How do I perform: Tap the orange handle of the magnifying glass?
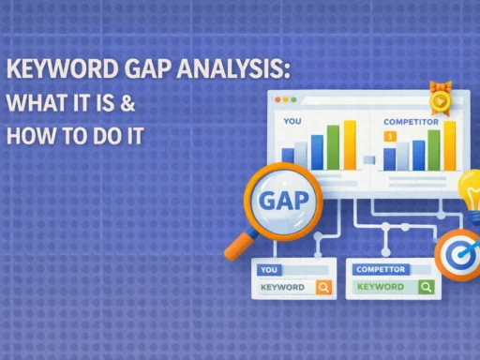[238, 247]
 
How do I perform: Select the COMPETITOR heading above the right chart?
[411, 122]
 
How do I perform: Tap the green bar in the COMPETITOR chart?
[434, 150]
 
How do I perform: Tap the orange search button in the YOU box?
[323, 287]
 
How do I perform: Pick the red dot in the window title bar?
[278, 98]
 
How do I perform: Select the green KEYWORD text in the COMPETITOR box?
[381, 287]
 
